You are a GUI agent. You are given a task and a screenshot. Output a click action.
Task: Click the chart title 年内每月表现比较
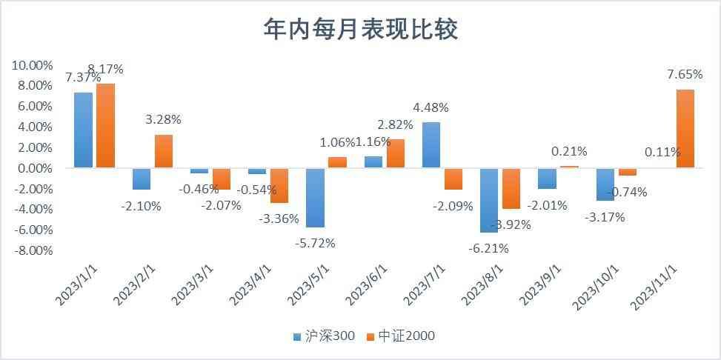(361, 29)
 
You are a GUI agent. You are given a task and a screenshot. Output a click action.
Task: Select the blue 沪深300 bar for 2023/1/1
(84, 130)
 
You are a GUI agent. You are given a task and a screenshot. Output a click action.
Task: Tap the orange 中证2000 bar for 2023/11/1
(685, 129)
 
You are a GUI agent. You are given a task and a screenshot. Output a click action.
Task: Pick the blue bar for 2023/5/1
(316, 198)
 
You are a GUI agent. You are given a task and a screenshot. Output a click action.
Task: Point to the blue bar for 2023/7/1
(431, 145)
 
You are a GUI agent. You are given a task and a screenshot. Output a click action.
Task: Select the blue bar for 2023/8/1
(489, 201)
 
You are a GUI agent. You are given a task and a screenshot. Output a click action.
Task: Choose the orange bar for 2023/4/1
(279, 186)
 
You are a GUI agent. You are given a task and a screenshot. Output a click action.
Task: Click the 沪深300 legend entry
(325, 336)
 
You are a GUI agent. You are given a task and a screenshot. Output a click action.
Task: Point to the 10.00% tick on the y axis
(32, 65)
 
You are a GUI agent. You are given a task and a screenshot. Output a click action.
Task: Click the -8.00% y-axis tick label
(32, 250)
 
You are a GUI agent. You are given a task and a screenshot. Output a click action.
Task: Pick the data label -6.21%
(489, 249)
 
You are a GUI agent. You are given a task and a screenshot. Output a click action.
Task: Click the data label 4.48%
(431, 107)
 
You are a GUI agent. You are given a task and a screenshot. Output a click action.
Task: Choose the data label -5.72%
(316, 243)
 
